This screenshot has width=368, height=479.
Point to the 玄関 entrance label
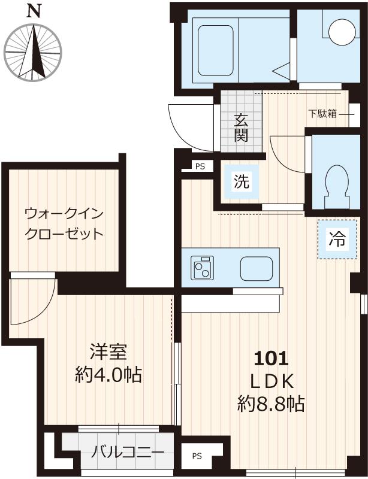point(241,127)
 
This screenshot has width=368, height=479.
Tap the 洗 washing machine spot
point(241,181)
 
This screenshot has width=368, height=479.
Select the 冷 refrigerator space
point(336,240)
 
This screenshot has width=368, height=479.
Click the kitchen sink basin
point(256,268)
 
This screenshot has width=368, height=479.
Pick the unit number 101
point(271,359)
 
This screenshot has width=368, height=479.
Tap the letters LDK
point(271,381)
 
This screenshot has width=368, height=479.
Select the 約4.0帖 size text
point(108,375)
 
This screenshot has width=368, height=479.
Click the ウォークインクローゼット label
point(64,223)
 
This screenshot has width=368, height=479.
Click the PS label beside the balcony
point(197,456)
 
